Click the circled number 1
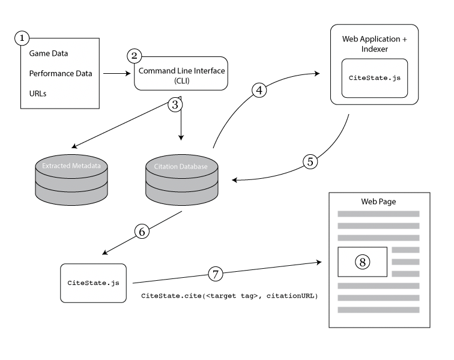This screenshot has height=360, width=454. pos(22,38)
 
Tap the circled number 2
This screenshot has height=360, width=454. pos(135,56)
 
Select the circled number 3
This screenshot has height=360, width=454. pos(175,104)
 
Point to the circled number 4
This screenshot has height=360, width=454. pos(259,90)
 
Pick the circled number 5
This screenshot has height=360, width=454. pos(310,161)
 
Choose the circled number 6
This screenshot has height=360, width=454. pos(142,232)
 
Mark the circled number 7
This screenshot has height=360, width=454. pos(216,274)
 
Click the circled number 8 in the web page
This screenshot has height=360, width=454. pos(363,262)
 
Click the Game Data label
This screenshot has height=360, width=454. pos(49,53)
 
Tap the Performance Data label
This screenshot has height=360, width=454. pos(61,74)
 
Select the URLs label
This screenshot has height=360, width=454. pos(38,94)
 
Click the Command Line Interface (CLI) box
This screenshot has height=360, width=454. pos(181,74)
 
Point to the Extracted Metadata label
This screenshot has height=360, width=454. pos(71,166)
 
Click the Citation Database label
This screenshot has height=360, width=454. pos(181,166)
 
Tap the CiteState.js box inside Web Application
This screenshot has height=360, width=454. pos(375,78)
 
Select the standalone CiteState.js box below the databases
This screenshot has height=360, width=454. pos(93,283)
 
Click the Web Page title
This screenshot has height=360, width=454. pos(378,202)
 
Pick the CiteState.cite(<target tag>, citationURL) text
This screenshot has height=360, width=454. pos(229,296)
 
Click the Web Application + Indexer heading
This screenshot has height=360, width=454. pos(374,44)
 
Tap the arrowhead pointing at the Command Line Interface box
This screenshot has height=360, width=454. pos(128,74)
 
